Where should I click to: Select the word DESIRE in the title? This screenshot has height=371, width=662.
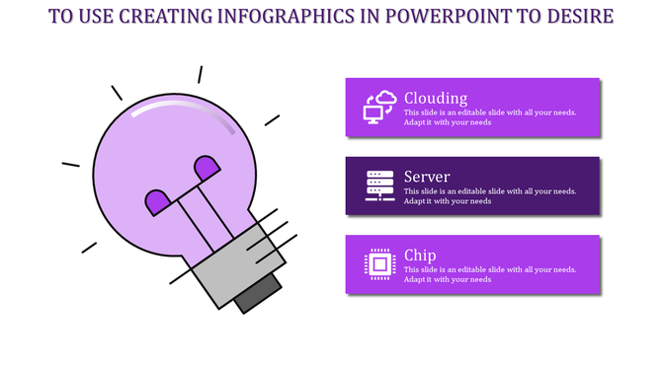[x=578, y=17]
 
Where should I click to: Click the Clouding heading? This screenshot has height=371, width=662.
[x=436, y=98]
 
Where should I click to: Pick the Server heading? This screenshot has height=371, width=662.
[x=427, y=177]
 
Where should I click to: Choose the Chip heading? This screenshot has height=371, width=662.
[x=420, y=256]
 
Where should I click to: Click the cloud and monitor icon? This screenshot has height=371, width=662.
[x=380, y=106]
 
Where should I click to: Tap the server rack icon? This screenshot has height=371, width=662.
[x=380, y=185]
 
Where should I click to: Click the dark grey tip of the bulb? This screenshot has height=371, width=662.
[x=257, y=294]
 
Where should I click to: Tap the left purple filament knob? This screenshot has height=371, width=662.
[x=157, y=202]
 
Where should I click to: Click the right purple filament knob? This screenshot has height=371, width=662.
[x=207, y=168]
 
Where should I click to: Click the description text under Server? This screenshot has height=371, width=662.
[x=490, y=195]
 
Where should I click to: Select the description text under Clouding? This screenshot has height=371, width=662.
[x=490, y=116]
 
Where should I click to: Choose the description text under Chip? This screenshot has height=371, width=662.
[x=490, y=274]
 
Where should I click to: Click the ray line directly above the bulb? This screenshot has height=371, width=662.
[x=200, y=74]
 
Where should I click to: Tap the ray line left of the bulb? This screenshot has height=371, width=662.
[x=70, y=164]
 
